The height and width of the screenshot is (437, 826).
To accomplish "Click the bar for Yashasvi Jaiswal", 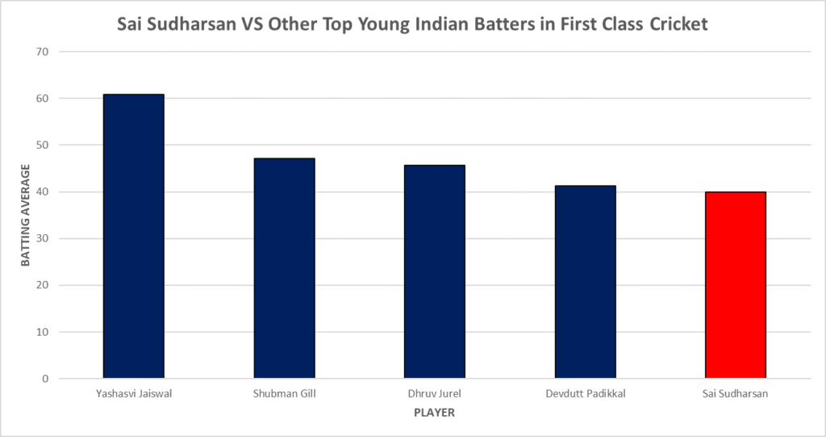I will tap(133, 236).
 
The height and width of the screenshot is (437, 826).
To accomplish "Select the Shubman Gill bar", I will tap(284, 268).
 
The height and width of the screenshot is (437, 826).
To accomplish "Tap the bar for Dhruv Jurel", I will tap(434, 271).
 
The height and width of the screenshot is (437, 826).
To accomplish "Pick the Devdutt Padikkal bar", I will tap(585, 282).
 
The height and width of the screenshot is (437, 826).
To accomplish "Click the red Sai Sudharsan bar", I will tap(735, 285).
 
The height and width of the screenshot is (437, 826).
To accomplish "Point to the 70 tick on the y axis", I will tap(42, 52).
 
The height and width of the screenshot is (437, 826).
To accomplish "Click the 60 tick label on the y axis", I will tap(42, 99).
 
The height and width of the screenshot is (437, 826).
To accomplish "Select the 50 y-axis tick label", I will tap(42, 145).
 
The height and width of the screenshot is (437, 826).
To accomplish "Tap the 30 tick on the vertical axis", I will tap(42, 238).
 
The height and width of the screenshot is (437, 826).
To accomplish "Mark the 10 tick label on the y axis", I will tap(42, 332).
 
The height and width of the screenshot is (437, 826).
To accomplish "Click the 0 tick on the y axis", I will tap(45, 379).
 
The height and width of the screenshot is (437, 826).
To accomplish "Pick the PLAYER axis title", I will tap(434, 413).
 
